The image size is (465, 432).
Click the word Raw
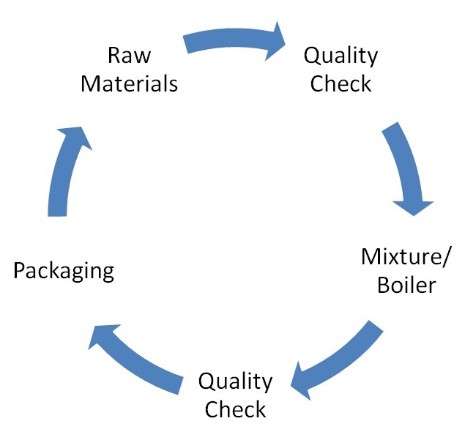tap(129, 56)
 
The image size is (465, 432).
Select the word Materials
tap(129, 83)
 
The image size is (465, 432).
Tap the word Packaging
tap(64, 272)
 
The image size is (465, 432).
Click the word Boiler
tap(406, 284)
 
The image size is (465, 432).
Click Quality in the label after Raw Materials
tap(341, 56)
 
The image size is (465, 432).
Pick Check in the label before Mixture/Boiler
tap(341, 83)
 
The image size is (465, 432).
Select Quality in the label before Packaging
tap(235, 381)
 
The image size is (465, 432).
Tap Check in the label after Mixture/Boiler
tap(235, 409)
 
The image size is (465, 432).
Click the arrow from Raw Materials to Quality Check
tap(234, 40)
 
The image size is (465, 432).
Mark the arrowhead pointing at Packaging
tap(103, 337)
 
